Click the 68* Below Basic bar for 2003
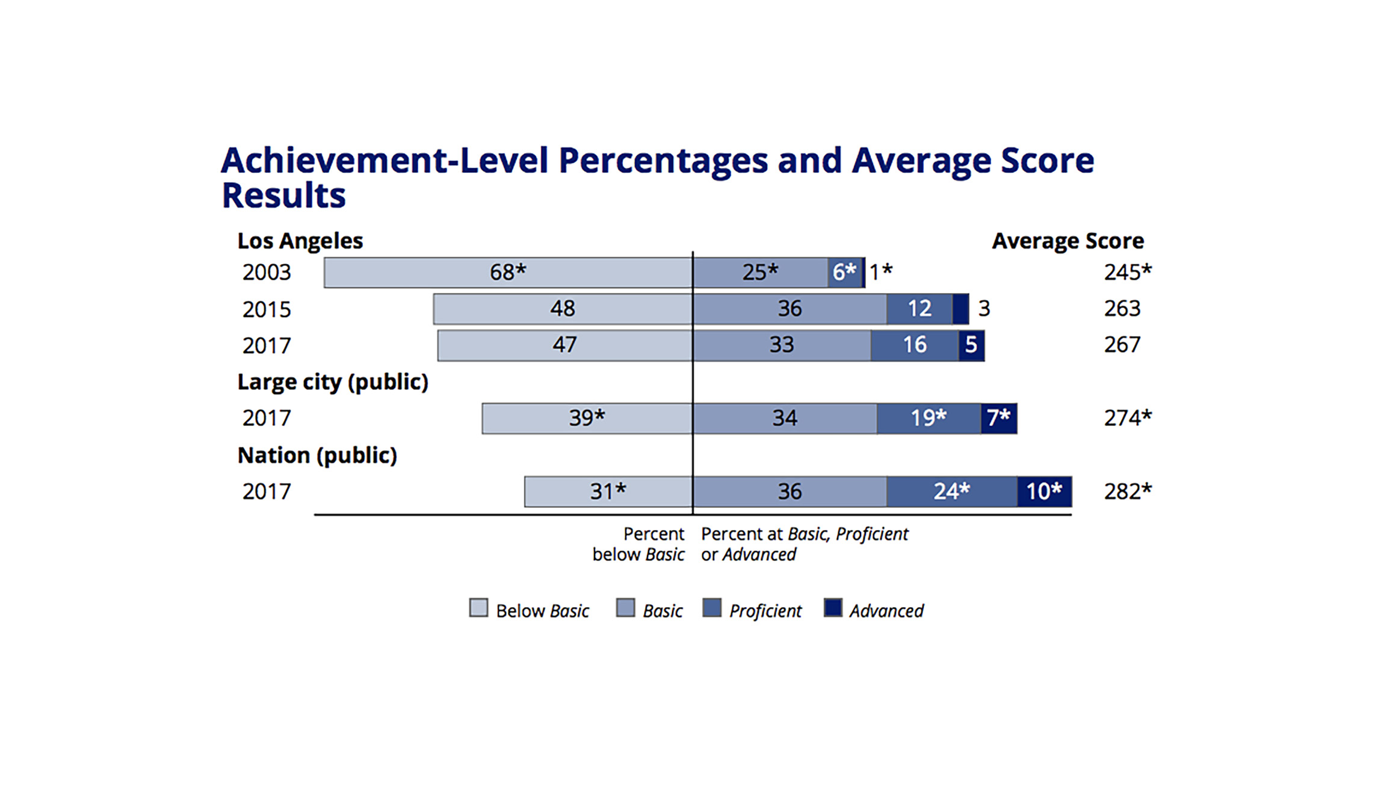(x=507, y=273)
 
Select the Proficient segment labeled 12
(x=919, y=309)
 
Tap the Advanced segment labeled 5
(x=971, y=345)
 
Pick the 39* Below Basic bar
(x=587, y=418)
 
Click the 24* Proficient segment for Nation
(x=951, y=492)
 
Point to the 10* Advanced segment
(x=1044, y=492)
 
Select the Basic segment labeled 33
(x=781, y=345)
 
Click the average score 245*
(x=1127, y=273)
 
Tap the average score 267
(x=1122, y=345)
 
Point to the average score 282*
(x=1127, y=492)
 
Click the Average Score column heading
(x=1067, y=241)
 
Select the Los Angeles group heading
(x=300, y=241)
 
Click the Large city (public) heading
(x=332, y=382)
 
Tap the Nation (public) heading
(x=317, y=455)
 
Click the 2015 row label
(x=266, y=309)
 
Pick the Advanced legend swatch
(x=833, y=608)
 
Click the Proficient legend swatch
(x=712, y=608)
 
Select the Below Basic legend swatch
(x=478, y=608)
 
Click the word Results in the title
(x=283, y=196)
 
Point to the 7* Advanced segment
(x=998, y=418)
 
